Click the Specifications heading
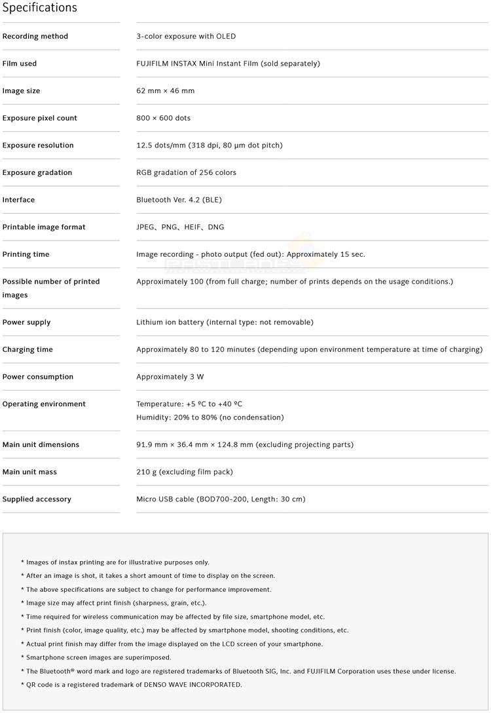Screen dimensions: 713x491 click(x=39, y=8)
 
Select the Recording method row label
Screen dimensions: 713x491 click(x=35, y=37)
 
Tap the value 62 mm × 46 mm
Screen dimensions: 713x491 click(x=166, y=91)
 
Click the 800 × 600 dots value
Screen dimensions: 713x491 click(x=164, y=119)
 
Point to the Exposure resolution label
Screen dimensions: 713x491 click(x=38, y=145)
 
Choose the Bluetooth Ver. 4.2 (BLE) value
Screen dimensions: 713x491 click(x=179, y=200)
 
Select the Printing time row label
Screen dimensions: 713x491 click(x=26, y=254)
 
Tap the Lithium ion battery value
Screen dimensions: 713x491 click(x=225, y=322)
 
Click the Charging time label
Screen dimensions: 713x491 click(x=27, y=350)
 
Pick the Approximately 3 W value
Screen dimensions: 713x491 click(x=170, y=377)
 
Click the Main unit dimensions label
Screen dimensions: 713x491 click(x=41, y=445)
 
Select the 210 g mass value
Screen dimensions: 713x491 click(x=185, y=472)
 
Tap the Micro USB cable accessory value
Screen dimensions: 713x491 click(x=221, y=499)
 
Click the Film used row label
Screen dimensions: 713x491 click(x=20, y=64)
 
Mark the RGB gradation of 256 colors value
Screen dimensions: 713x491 click(x=186, y=173)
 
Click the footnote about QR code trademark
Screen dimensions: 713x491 click(x=132, y=685)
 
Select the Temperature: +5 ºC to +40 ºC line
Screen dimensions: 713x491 click(x=189, y=404)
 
